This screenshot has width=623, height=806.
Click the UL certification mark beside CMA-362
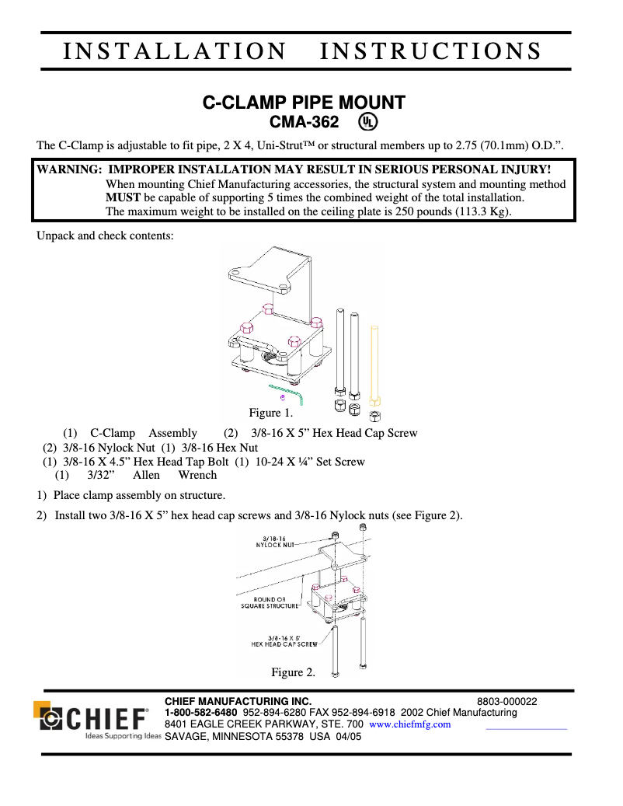(x=367, y=122)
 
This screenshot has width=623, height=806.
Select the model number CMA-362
(x=304, y=122)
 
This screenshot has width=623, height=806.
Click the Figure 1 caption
(x=265, y=413)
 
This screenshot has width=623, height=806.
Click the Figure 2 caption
(x=293, y=672)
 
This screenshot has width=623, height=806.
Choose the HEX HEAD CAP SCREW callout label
(x=284, y=641)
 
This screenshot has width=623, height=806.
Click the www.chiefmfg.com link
(x=409, y=724)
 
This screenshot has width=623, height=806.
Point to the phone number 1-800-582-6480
(x=201, y=713)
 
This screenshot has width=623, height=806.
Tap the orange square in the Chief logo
(x=41, y=709)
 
